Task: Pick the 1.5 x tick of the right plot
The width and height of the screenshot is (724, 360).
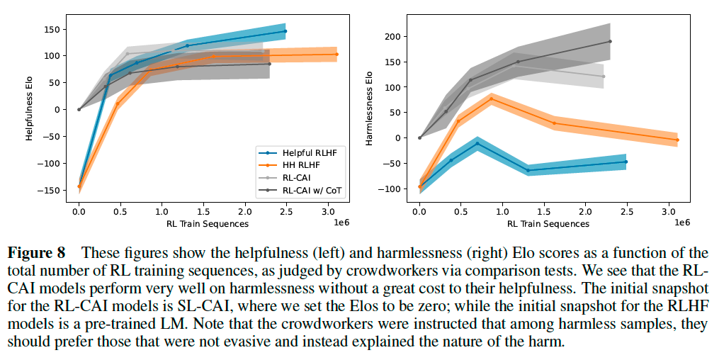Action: pos(544,210)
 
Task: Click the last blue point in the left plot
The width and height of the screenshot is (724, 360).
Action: pos(285,31)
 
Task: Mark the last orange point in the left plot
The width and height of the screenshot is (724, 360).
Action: pos(336,54)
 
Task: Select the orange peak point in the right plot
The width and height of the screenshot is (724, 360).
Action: pos(492,99)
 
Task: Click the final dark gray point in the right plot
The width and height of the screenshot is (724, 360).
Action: pos(610,41)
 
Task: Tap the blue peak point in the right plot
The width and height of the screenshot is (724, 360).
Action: pos(477,144)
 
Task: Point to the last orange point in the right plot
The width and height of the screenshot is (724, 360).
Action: pos(677,140)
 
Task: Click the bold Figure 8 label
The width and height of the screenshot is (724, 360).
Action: pos(36,252)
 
